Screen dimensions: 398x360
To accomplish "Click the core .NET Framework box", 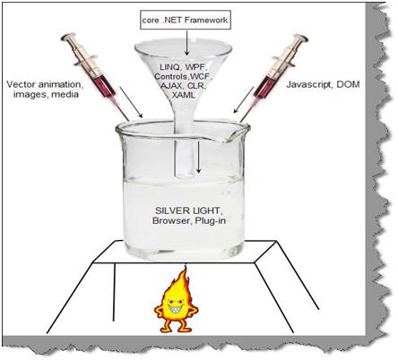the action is [x=186, y=20].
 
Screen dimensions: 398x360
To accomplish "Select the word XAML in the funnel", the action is [x=184, y=95].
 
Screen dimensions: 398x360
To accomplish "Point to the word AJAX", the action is [x=171, y=86].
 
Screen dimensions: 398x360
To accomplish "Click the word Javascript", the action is [x=308, y=85].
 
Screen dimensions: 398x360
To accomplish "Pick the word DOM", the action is [x=348, y=84].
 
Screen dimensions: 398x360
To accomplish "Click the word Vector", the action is [x=19, y=84].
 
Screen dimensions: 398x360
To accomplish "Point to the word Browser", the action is [x=171, y=220].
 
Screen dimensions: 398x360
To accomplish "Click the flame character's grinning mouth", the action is [x=176, y=306].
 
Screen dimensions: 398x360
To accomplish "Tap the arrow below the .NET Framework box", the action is [x=187, y=42].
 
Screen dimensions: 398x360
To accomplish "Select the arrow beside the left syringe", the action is [x=131, y=102].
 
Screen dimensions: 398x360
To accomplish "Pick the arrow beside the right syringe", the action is [x=244, y=100].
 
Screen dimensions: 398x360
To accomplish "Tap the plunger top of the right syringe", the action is [x=299, y=38].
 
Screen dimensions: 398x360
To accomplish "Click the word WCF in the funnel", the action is [x=203, y=76].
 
